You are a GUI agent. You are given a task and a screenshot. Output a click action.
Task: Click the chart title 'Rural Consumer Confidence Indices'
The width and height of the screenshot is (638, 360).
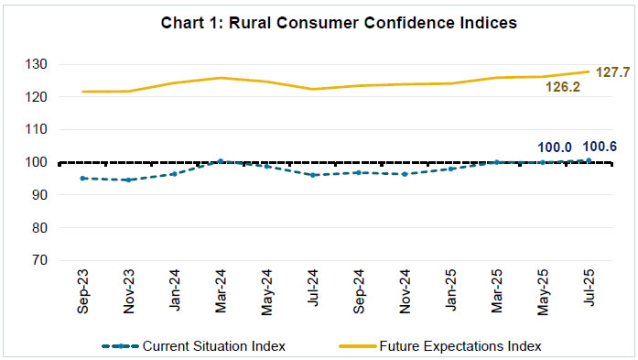[x=319, y=24]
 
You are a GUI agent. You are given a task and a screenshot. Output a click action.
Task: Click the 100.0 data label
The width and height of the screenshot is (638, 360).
[x=555, y=145]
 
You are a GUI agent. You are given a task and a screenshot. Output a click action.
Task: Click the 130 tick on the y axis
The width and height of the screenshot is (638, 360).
[x=39, y=64]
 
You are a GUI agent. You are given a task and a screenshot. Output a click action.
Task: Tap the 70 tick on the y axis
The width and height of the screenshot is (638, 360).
[x=42, y=260]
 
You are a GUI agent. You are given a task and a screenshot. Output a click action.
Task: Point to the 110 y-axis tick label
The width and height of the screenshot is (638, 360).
[x=39, y=129]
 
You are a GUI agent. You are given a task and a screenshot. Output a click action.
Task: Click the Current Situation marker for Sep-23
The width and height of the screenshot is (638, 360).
[x=83, y=179]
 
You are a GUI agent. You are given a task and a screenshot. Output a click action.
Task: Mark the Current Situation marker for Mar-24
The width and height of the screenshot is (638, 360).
[x=221, y=161]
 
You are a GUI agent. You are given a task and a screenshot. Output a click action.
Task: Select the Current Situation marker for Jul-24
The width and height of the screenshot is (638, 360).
[x=312, y=175]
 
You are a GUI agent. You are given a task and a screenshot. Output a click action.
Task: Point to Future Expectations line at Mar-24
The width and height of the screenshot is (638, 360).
[x=221, y=78]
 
